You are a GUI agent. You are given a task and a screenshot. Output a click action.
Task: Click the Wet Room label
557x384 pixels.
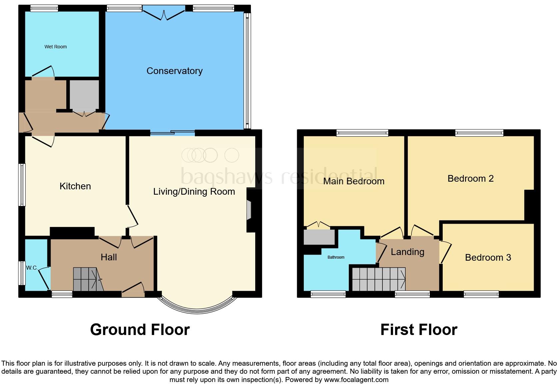tap(56, 47)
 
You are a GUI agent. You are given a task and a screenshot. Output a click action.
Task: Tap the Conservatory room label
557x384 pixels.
tap(175, 71)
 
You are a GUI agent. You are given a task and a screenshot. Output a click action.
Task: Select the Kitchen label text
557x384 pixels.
tap(75, 186)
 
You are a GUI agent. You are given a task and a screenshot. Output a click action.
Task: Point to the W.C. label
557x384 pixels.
tap(32, 268)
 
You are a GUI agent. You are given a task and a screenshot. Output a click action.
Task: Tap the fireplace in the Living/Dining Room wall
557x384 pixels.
tap(249, 210)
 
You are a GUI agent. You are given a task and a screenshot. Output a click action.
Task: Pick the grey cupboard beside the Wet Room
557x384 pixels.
tap(84, 95)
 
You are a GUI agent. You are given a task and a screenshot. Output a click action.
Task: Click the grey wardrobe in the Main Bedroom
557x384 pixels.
tap(319, 237)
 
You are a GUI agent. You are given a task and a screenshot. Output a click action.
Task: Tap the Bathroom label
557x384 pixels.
tap(336, 257)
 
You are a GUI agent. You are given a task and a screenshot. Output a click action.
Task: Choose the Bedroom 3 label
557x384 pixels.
tap(488, 257)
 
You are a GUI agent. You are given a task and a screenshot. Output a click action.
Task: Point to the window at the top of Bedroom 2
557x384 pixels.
tap(479, 133)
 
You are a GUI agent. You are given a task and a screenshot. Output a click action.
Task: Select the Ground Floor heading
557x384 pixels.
tap(140, 329)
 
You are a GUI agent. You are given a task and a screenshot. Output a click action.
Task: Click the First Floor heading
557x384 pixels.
tap(419, 329)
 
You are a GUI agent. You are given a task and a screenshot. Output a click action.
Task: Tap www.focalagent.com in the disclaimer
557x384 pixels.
tap(356, 379)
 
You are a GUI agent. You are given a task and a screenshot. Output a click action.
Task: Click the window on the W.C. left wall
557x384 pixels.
tap(22, 273)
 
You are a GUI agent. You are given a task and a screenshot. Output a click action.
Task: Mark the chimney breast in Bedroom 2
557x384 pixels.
tap(530, 205)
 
